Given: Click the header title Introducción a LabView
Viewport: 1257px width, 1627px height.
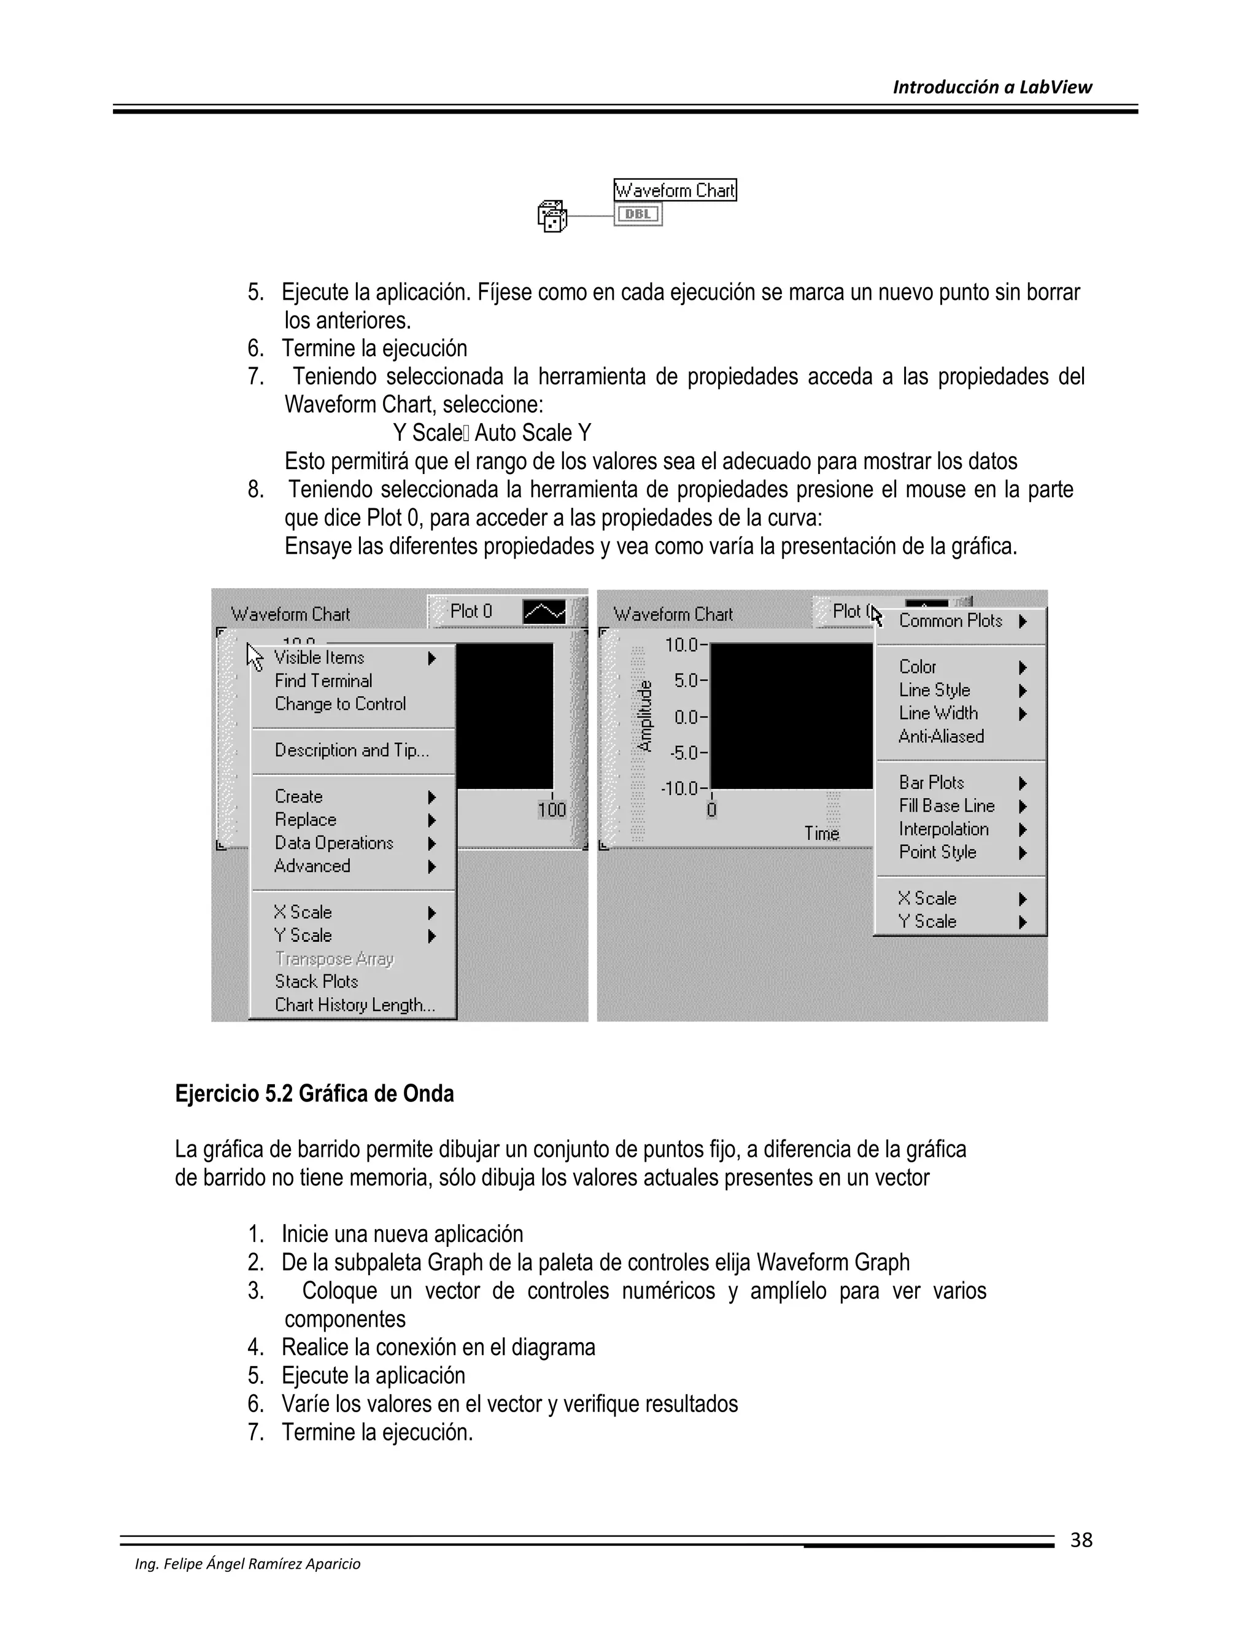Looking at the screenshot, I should coord(991,87).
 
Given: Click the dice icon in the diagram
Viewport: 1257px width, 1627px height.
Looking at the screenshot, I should coord(552,217).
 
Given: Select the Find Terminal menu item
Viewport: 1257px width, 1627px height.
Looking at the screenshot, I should coord(323,681).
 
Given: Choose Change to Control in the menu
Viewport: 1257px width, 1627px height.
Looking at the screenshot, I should coord(340,704).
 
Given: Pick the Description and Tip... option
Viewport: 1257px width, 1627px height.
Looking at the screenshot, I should coord(352,750).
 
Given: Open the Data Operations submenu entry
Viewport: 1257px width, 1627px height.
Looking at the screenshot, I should coord(334,844).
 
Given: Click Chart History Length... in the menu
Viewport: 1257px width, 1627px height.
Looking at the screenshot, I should coord(355,1005).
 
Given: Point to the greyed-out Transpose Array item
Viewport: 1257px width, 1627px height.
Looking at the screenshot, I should coord(334,959).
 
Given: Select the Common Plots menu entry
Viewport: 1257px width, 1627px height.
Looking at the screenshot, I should coord(951,621).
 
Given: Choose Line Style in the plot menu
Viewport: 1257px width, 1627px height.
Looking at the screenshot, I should coord(935,691).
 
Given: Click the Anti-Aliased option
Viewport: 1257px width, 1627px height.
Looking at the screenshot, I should coord(942,737).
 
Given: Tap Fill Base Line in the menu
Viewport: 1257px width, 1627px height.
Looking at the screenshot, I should coord(946,806).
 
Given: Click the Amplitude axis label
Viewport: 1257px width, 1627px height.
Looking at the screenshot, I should coord(645,716).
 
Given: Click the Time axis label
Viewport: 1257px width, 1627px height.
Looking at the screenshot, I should coord(821,834).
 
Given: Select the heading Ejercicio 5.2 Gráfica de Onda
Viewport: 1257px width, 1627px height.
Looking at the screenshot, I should coord(314,1094).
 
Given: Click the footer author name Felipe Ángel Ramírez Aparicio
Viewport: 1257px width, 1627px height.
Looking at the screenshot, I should coord(247,1564).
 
